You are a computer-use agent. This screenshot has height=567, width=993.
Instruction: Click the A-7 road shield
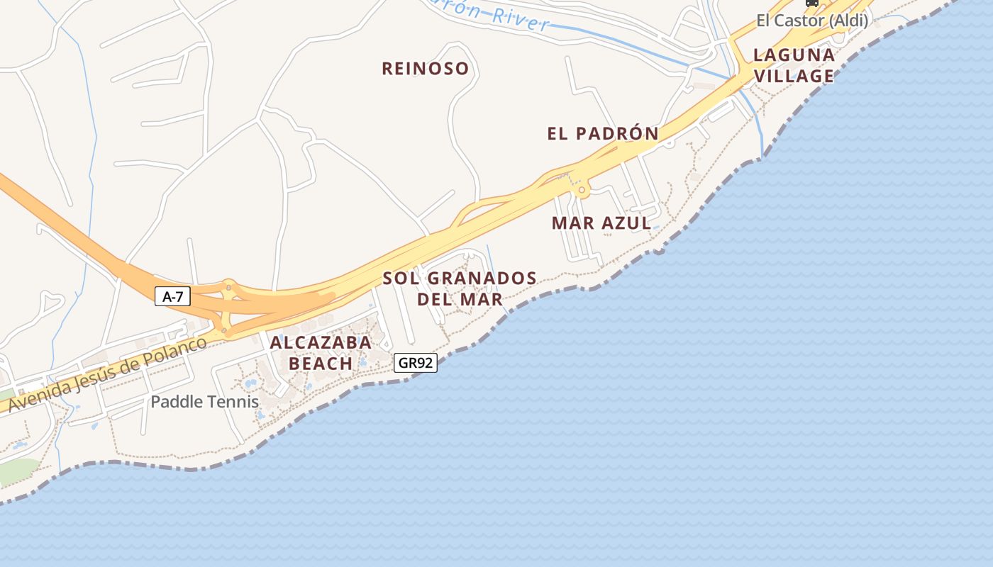point(172,296)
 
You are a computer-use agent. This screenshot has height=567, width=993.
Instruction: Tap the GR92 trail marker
point(416,363)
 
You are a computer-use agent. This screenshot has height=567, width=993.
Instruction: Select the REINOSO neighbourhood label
point(426,69)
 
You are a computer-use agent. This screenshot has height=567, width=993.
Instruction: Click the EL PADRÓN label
point(603,133)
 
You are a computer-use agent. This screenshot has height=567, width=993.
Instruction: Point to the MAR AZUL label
point(601,223)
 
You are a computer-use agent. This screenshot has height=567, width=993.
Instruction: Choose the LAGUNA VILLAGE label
point(794,65)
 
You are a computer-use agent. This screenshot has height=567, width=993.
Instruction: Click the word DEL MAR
point(460,299)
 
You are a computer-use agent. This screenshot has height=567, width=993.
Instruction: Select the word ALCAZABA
point(321,342)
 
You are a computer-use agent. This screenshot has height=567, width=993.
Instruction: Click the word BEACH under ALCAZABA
point(321,364)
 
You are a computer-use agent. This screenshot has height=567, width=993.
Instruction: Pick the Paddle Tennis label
point(204,402)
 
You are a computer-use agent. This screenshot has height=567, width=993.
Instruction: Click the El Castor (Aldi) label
point(811,21)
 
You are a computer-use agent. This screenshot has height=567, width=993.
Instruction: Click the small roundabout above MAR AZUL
point(582,190)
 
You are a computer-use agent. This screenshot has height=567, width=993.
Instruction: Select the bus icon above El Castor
point(811,3)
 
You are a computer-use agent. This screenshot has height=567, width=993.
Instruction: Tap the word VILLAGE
point(794,76)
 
